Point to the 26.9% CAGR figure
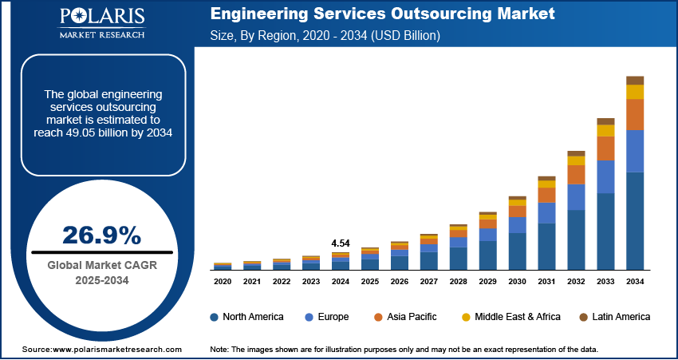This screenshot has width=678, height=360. tap(101, 235)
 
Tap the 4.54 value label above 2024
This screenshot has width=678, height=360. tap(341, 243)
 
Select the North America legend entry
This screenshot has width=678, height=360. tap(246, 317)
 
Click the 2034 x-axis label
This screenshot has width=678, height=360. tap(635, 282)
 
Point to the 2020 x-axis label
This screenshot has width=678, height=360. tap(223, 282)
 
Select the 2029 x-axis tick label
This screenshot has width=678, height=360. tap(487, 282)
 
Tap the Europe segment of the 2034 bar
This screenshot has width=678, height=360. tap(635, 151)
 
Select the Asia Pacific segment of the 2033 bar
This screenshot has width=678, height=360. tap(606, 148)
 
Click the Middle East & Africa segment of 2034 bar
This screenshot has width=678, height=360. tap(635, 92)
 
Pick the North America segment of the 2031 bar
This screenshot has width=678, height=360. tap(546, 247)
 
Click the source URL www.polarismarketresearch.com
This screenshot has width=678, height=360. tap(101, 350)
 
